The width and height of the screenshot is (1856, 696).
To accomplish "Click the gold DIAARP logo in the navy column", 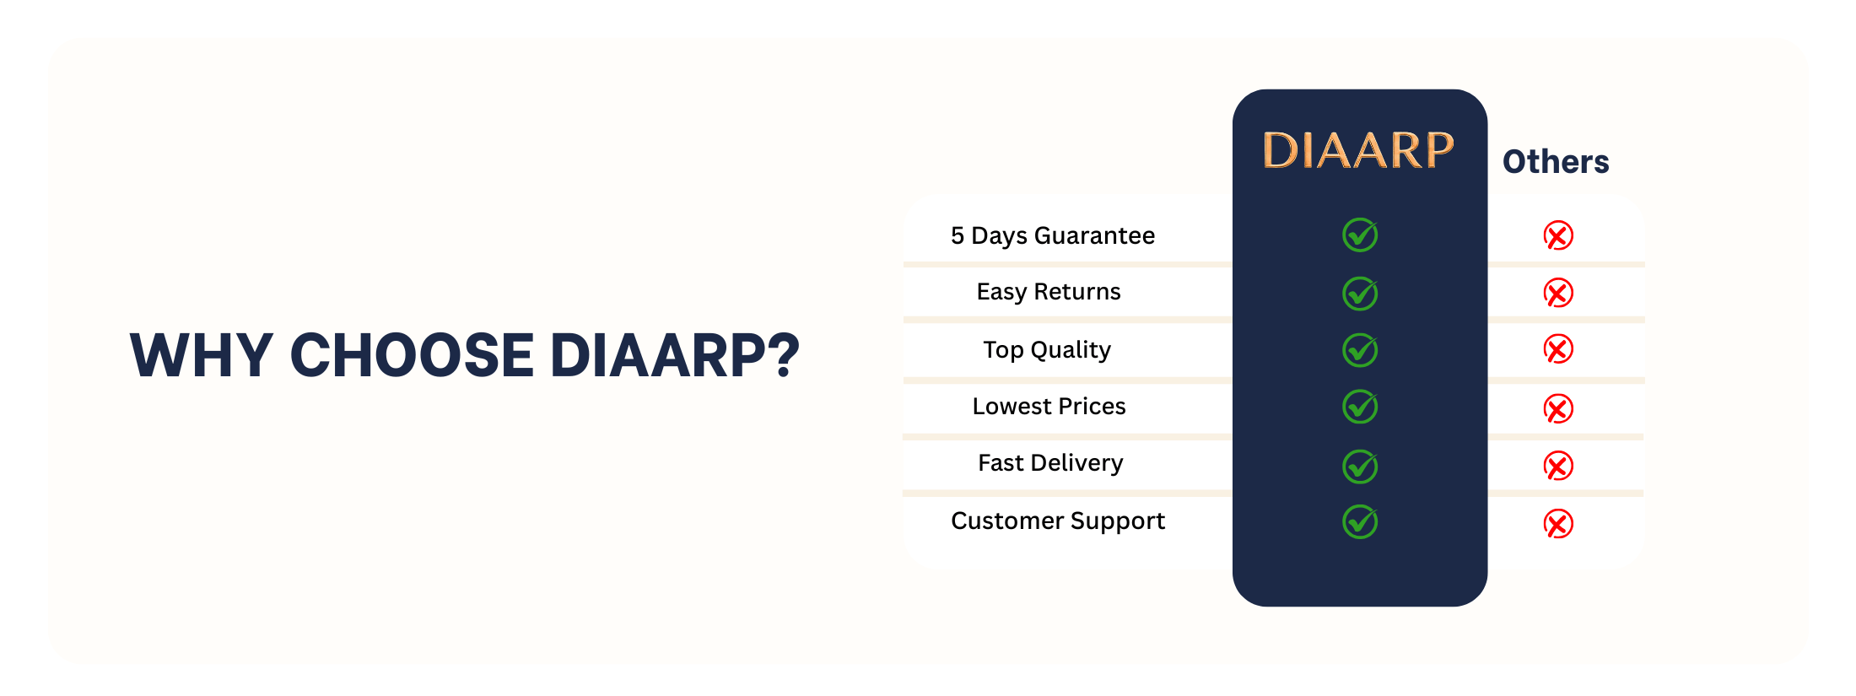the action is (1358, 150).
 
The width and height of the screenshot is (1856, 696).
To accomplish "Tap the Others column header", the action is (1556, 161).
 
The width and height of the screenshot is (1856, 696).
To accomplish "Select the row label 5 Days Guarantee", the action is (1053, 235).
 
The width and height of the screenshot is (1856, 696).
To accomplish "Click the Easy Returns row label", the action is (1049, 292).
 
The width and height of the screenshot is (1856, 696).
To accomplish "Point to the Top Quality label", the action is (1047, 350).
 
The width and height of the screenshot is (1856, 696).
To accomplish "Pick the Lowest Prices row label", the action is (1049, 407).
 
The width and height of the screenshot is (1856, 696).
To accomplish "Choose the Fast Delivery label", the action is (1050, 463).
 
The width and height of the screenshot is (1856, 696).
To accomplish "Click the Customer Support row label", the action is (1058, 521).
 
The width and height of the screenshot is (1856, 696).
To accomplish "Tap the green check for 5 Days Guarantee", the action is (1360, 235).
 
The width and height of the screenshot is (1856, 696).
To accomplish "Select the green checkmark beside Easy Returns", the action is (1360, 293).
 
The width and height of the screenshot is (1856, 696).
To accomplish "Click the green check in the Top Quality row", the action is (1360, 349).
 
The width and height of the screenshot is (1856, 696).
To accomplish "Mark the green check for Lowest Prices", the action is (1360, 407).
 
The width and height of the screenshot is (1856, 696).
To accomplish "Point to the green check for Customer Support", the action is (1360, 521).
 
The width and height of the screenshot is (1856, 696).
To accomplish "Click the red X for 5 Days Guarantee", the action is (1558, 235).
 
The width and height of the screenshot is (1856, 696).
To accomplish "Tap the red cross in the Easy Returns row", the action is (1558, 293).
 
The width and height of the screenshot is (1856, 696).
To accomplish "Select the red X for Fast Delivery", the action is (1558, 466).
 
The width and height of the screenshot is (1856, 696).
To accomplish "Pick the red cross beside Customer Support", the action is (1558, 524).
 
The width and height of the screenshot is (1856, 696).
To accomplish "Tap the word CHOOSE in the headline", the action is (412, 354).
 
